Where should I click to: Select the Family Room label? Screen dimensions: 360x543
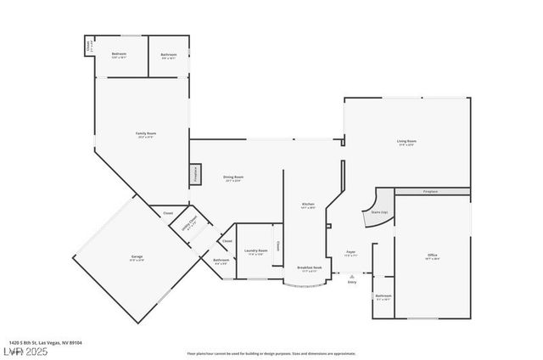[147, 135]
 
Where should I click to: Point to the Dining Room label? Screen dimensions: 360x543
[232, 178]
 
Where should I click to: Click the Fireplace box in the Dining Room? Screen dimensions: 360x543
[197, 174]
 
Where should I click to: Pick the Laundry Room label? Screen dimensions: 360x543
[257, 251]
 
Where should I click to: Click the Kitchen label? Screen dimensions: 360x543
[309, 205]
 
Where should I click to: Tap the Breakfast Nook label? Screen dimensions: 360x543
[309, 268]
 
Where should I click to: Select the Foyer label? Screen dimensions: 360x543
[350, 253]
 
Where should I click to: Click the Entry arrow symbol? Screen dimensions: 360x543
[351, 277]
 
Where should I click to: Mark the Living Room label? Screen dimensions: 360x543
[406, 142]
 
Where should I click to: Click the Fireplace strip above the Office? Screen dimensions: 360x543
[432, 191]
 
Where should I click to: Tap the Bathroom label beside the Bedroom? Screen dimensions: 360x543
[168, 56]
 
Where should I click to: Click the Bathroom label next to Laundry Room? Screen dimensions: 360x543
[221, 262]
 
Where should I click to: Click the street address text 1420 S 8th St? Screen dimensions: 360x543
[46, 343]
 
